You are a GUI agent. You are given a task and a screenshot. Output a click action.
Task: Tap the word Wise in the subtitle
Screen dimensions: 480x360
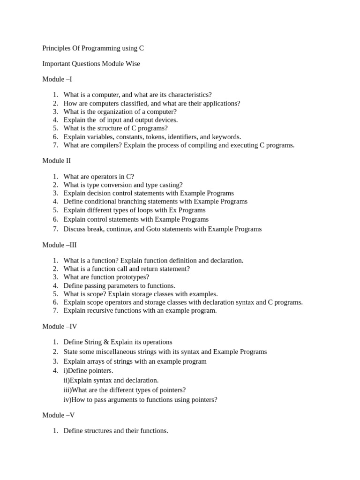132,64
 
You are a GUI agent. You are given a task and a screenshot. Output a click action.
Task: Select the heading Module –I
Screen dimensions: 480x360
57,79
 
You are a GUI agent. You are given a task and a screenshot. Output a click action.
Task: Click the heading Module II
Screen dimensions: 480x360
57,161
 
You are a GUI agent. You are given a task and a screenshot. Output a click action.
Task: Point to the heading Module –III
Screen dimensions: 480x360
60,245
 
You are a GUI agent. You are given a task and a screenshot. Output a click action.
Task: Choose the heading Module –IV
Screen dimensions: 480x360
60,327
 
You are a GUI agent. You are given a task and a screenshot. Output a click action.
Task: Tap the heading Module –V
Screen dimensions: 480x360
59,415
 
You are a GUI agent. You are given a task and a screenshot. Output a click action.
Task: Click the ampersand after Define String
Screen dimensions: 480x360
105,342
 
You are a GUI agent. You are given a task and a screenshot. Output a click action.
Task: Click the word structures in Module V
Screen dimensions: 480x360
98,431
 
